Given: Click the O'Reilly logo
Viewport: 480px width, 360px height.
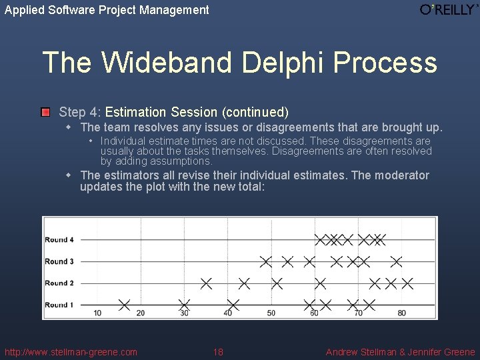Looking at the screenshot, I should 449,10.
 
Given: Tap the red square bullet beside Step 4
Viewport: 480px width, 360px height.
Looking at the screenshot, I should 45,112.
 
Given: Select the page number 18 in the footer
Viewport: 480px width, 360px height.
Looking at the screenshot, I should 218,352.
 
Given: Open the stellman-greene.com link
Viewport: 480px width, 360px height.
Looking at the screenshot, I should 71,352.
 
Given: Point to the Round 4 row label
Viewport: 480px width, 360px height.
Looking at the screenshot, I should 59,239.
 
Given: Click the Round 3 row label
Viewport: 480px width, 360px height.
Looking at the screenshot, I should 59,261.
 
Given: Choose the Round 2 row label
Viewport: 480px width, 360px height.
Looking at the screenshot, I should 59,283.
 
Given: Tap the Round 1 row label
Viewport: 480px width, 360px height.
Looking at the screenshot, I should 59,305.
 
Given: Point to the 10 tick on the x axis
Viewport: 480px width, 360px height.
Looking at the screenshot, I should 97,313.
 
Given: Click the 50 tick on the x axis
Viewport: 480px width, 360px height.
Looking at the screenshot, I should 271,313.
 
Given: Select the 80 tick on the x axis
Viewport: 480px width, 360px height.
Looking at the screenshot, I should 401,313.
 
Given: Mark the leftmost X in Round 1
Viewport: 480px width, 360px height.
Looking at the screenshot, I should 124,305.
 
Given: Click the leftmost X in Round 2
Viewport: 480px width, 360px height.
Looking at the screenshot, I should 206,283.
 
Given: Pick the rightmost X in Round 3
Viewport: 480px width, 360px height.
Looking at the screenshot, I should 396,261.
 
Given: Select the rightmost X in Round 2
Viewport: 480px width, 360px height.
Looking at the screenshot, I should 407,283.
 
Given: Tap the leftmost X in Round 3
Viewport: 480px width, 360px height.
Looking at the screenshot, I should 266,261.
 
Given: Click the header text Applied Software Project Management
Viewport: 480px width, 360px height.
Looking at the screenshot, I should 107,10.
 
